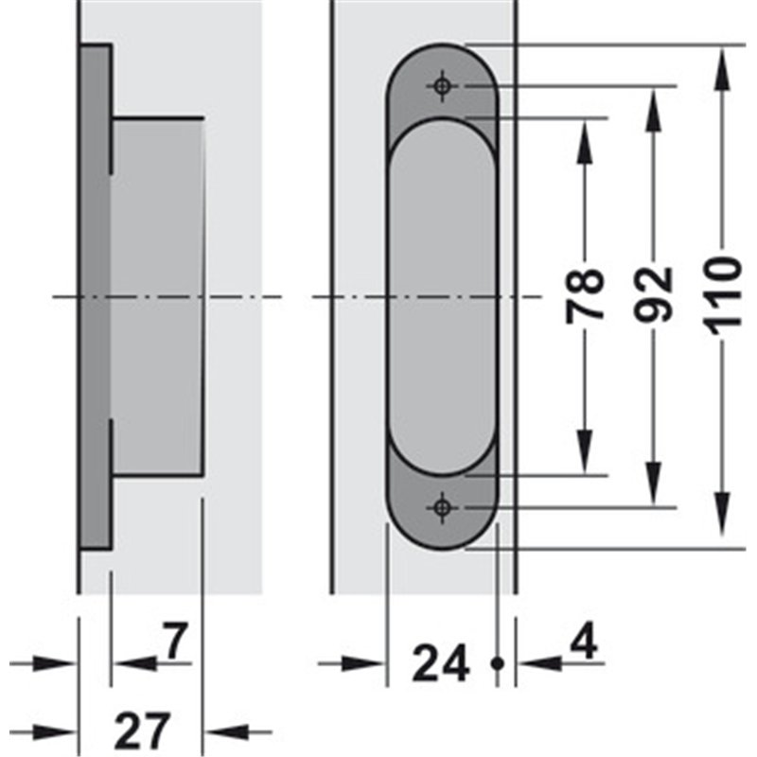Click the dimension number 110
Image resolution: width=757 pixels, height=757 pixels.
[723, 296]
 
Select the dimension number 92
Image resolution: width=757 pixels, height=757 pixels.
[654, 294]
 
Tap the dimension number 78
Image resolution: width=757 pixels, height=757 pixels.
[585, 295]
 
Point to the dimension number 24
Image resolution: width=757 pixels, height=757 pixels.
[441, 663]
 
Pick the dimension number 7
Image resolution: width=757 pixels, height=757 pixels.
[174, 641]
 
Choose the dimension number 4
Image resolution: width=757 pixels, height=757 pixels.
[584, 642]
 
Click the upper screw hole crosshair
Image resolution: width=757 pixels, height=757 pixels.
[442, 86]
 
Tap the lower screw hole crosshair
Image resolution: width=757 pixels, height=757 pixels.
[442, 507]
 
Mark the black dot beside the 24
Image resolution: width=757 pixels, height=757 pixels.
[498, 664]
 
